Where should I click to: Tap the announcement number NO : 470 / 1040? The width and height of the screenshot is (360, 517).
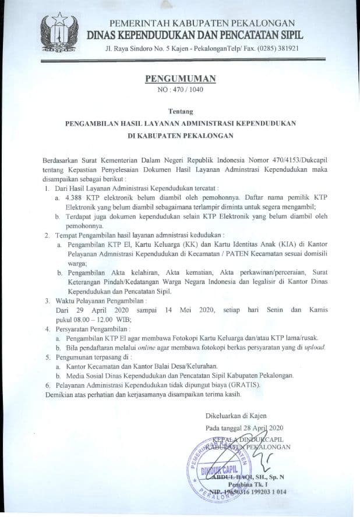pos(179,90)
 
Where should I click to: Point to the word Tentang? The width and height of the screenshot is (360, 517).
pos(180,111)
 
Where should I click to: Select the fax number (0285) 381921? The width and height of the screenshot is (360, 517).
pos(280,48)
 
